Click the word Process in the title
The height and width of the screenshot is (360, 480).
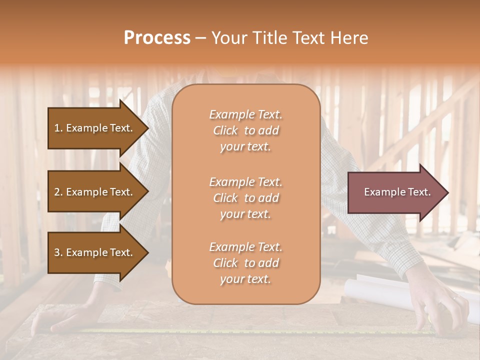pyautogui.click(x=157, y=38)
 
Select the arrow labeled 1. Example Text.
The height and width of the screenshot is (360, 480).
pyautogui.click(x=95, y=128)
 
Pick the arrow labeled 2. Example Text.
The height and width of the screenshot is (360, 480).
pyautogui.click(x=95, y=192)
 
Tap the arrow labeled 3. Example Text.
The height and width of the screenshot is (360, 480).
pyautogui.click(x=95, y=252)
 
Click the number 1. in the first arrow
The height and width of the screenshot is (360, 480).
pyautogui.click(x=58, y=128)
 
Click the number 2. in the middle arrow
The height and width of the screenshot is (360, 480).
pyautogui.click(x=58, y=192)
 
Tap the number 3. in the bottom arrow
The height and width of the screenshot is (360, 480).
pyautogui.click(x=58, y=252)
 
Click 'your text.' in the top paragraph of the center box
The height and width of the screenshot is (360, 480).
pyautogui.click(x=245, y=147)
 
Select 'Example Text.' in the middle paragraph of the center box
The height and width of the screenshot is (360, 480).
pyautogui.click(x=245, y=182)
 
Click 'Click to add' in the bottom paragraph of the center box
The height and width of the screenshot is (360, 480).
pyautogui.click(x=245, y=263)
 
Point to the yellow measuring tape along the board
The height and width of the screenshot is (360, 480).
pyautogui.click(x=250, y=331)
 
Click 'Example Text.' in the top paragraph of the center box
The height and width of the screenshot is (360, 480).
pyautogui.click(x=245, y=114)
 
